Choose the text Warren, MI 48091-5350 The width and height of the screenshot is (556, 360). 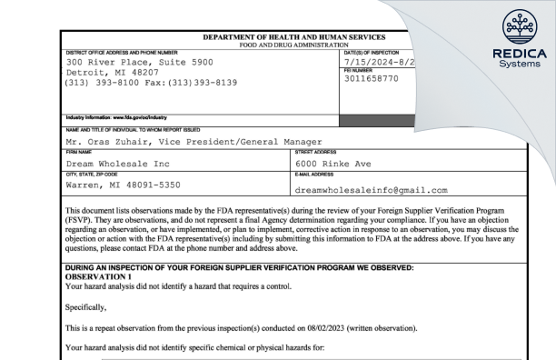pos(124,185)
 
